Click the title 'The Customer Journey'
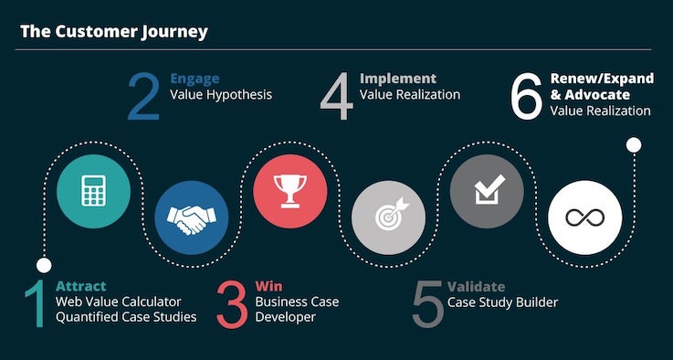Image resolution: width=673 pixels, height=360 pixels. tap(114, 32)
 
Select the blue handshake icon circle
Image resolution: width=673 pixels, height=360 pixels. tap(191, 217)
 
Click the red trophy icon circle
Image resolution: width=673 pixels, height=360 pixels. tap(289, 190)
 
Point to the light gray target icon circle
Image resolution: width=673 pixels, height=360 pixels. tap(388, 217)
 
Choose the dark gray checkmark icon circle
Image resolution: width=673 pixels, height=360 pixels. tap(487, 190)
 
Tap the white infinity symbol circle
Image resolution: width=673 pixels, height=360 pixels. tap(584, 217)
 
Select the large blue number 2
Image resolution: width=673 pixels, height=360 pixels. tap(143, 97)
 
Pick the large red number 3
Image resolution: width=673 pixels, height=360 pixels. tap(232, 303)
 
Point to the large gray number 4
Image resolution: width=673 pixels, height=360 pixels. tap(336, 97)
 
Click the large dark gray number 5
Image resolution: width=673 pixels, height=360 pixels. tap(427, 303)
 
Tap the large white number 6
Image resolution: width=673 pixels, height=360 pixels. tap(527, 97)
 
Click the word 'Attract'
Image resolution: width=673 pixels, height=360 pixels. tap(80, 286)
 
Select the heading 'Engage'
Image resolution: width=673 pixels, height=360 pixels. tap(194, 79)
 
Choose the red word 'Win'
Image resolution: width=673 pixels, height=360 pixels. tap(268, 286)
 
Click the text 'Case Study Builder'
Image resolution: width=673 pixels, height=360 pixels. tap(502, 302)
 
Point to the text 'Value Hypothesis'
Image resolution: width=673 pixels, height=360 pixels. tap(221, 94)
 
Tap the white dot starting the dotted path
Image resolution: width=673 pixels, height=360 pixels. tap(43, 265)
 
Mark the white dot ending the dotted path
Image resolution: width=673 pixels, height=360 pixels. tap(634, 143)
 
